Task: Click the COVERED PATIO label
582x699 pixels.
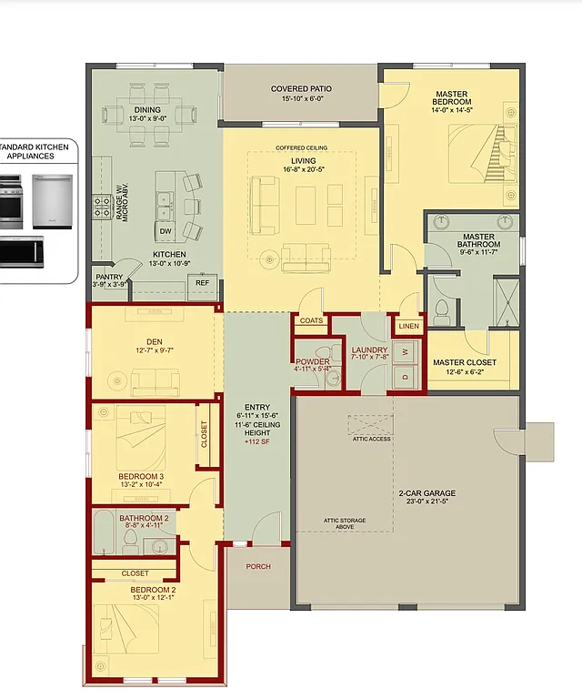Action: [301, 89]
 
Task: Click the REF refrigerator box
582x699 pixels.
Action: [202, 283]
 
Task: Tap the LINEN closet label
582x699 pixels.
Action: [408, 326]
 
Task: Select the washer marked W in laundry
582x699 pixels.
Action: [406, 349]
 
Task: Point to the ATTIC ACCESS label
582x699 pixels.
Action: [372, 439]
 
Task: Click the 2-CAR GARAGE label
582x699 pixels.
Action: [426, 493]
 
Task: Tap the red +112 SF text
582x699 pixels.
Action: [257, 442]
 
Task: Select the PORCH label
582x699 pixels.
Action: [258, 566]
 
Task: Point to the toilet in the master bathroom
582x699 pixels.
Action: [442, 311]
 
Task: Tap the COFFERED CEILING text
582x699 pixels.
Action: [301, 148]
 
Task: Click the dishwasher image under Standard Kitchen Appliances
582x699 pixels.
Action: [52, 200]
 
